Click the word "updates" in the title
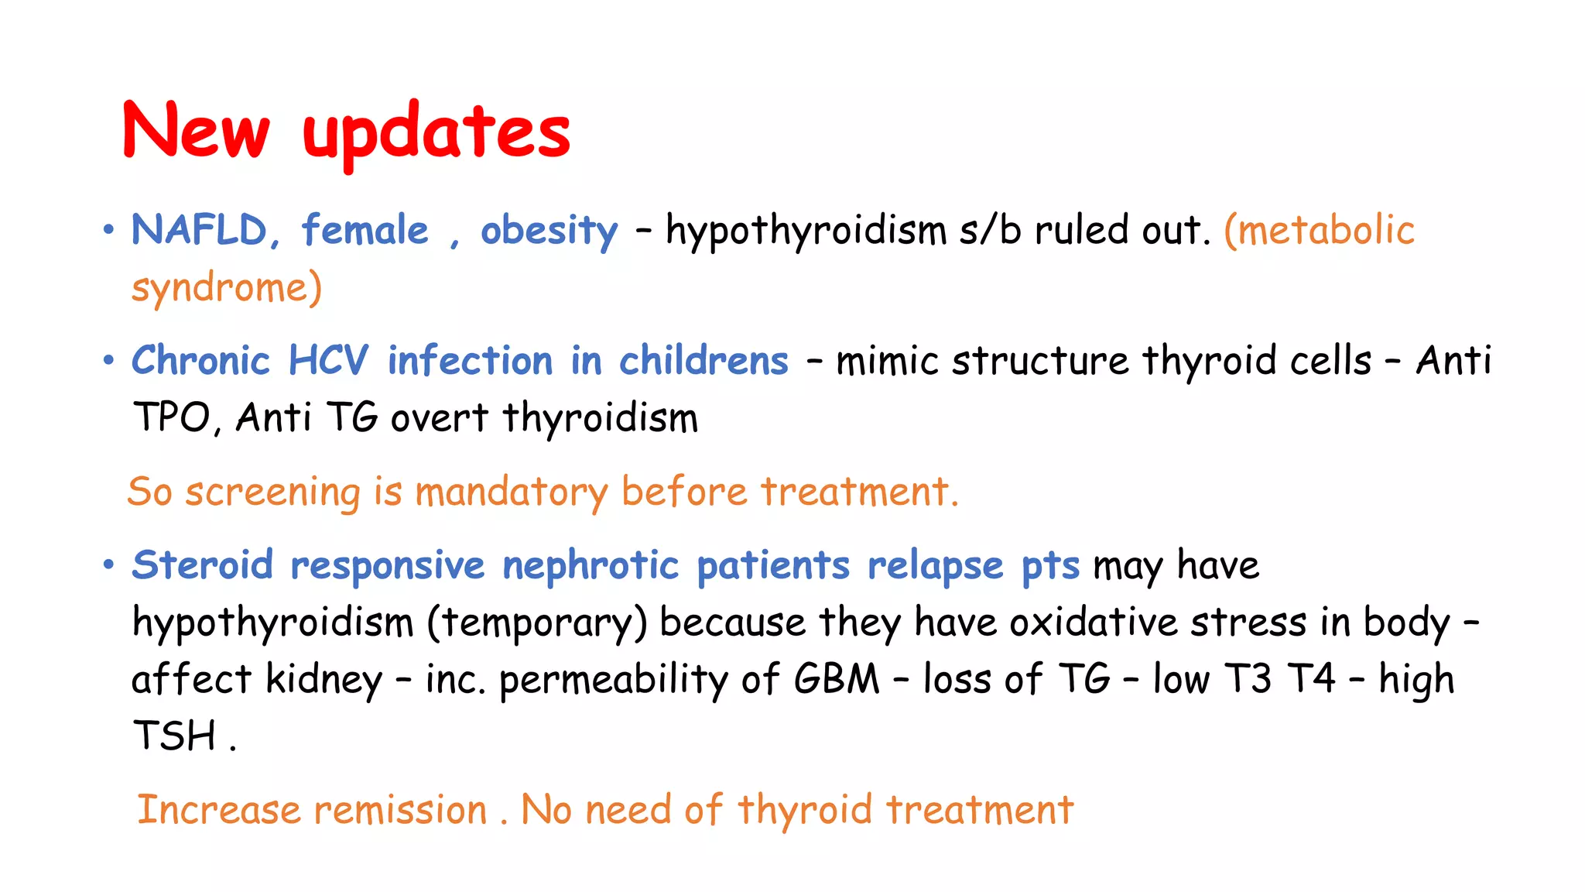tap(436, 133)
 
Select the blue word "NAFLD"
tap(199, 230)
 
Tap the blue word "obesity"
tap(549, 231)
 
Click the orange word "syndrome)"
tap(226, 288)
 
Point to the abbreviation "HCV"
tap(328, 361)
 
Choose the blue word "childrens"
tap(703, 361)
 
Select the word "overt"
tap(439, 419)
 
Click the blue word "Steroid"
tap(202, 564)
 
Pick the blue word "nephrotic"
tap(591, 565)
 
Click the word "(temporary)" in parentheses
tap(537, 623)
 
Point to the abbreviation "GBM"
tap(837, 679)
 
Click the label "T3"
tap(1248, 679)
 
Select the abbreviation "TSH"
tap(174, 736)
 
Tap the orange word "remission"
tap(400, 810)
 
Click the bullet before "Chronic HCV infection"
tap(108, 360)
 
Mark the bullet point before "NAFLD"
tap(108, 230)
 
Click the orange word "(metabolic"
tap(1319, 231)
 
